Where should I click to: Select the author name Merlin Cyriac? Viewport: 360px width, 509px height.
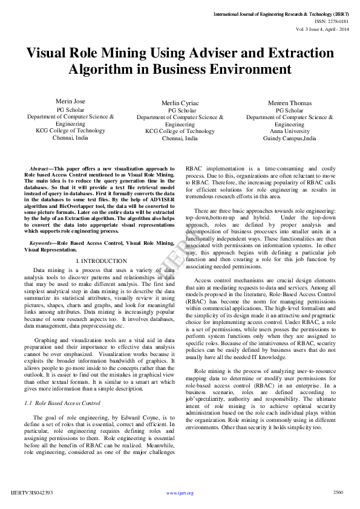[x=179, y=104]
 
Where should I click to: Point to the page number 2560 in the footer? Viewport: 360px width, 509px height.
[x=338, y=492]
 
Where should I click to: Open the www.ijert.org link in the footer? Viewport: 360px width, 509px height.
[x=180, y=493]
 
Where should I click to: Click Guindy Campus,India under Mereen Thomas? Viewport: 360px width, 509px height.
[x=289, y=138]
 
